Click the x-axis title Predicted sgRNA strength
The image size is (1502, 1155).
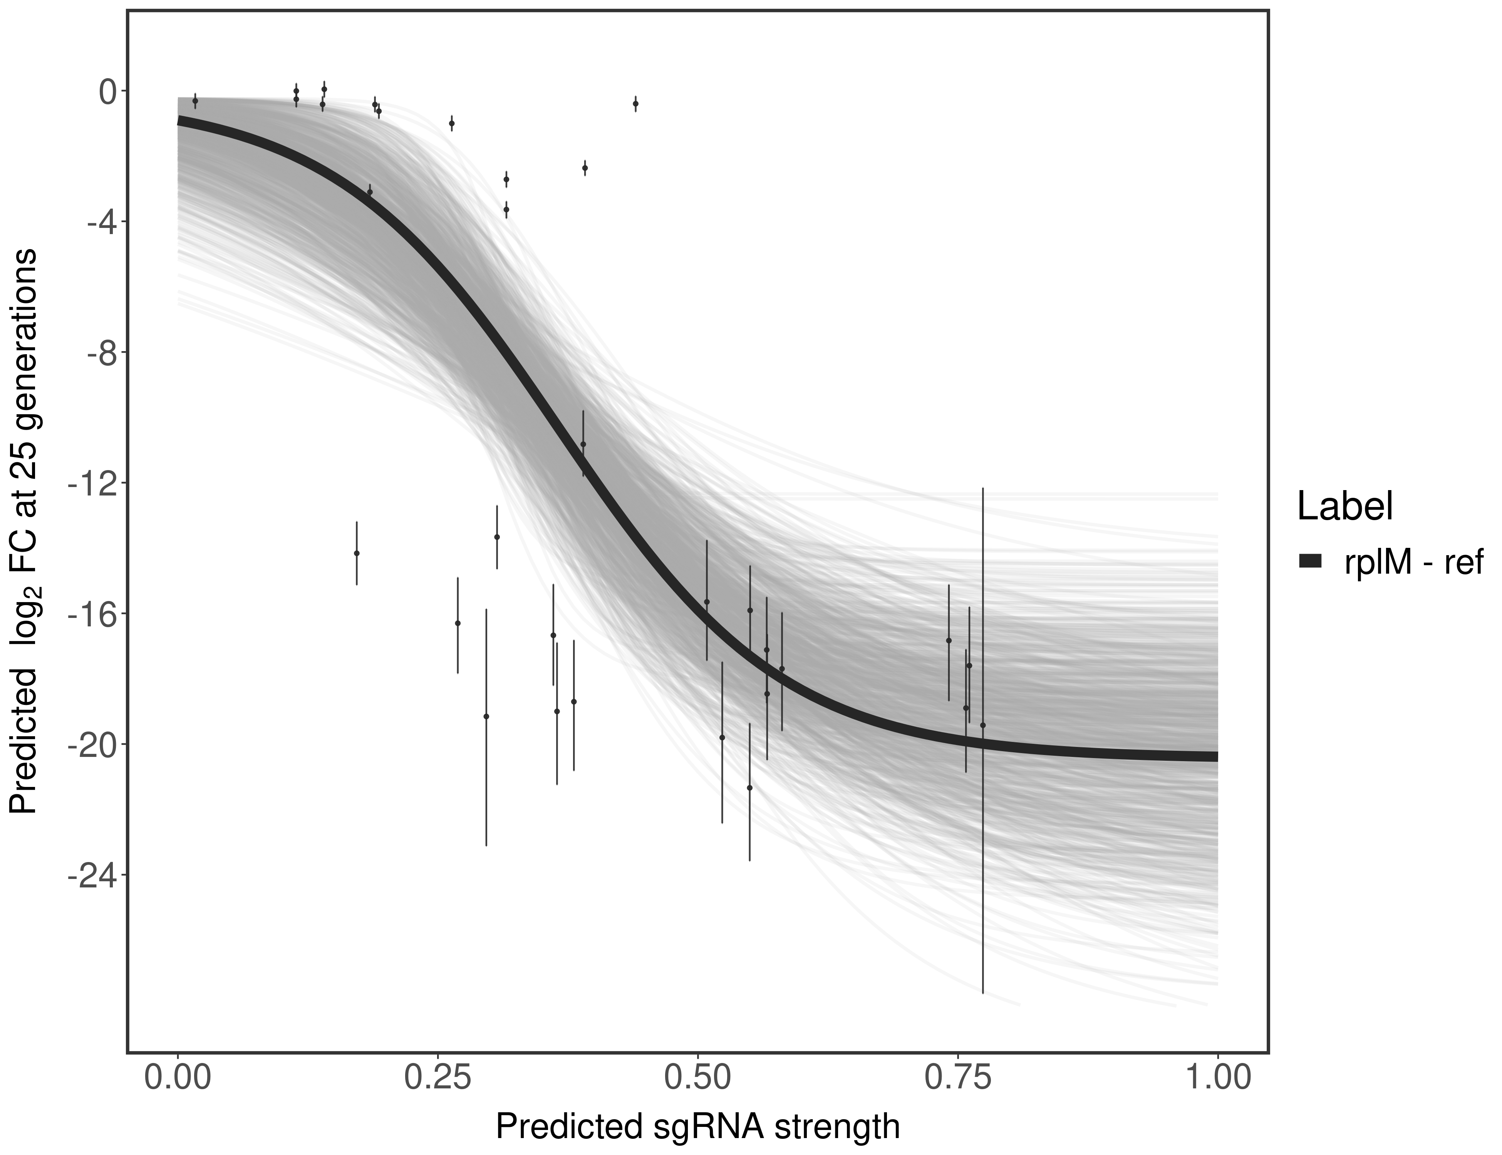(x=697, y=1128)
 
